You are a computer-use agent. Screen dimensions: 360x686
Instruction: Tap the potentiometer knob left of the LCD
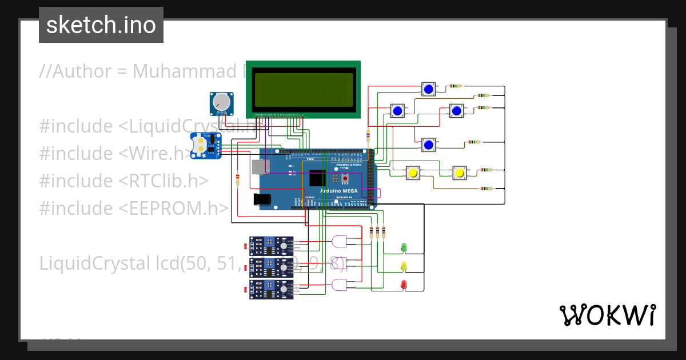(221, 102)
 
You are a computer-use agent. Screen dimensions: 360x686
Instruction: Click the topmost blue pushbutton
(429, 89)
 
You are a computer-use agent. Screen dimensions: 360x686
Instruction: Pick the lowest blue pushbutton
(428, 145)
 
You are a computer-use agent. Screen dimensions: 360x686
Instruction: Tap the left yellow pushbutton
(413, 172)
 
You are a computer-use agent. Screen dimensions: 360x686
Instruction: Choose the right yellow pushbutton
(459, 172)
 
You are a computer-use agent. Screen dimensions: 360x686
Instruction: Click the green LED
(404, 247)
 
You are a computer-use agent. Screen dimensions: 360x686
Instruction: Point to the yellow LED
(404, 266)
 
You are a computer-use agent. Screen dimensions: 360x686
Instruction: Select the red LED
(404, 284)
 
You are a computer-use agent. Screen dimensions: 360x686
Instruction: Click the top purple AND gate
(339, 241)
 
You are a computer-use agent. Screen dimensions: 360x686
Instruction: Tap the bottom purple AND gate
(339, 285)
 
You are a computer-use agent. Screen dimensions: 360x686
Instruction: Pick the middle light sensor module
(271, 266)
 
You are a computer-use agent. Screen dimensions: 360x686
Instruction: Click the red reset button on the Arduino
(345, 178)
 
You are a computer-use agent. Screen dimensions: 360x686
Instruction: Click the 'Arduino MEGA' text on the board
(340, 191)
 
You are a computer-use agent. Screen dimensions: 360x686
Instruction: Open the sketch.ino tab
(101, 25)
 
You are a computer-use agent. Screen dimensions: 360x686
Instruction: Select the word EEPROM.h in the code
(174, 208)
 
